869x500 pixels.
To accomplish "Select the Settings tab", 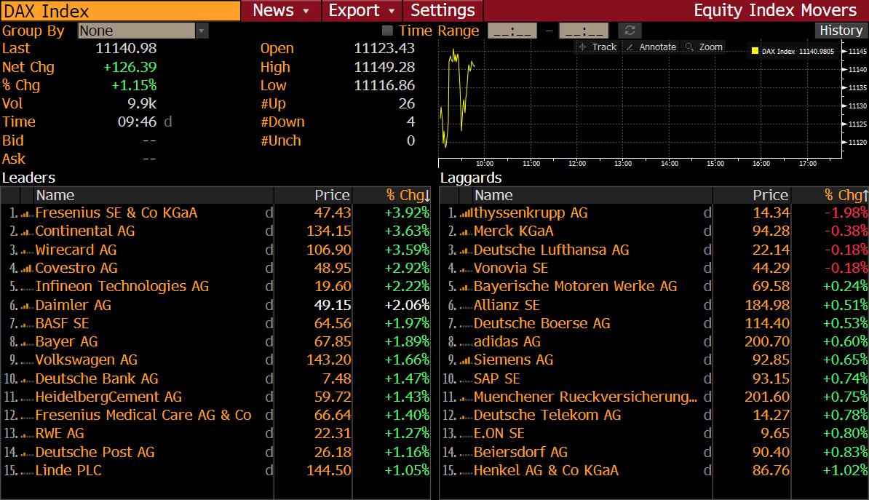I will pos(443,10).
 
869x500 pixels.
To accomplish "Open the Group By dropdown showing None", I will pos(143,31).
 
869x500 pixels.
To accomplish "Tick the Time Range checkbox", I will pos(388,31).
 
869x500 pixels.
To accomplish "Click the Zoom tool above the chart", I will pos(705,47).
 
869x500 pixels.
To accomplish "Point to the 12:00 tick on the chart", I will pos(576,164).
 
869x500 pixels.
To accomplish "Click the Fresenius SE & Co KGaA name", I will pos(116,213).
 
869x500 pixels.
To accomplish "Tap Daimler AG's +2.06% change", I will pos(407,305).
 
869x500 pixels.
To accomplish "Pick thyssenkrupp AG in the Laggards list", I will pos(531,213).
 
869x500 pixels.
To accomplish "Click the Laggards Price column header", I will pos(770,195).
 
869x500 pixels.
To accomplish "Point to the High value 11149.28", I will pos(384,67).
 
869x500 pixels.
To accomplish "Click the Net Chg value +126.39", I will pos(130,67).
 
